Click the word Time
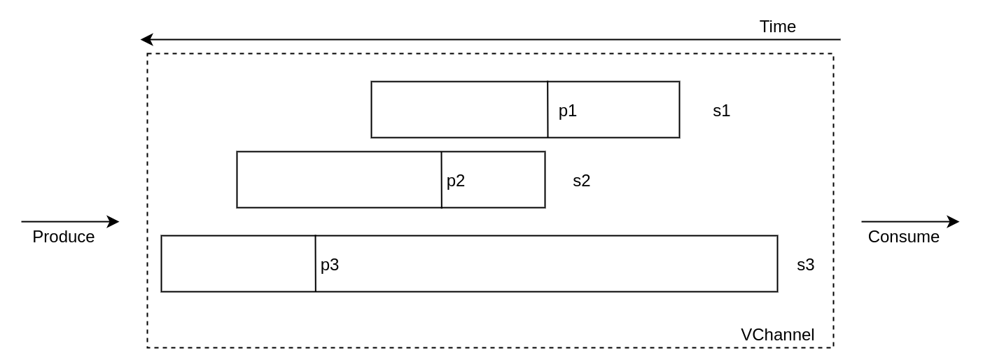pyautogui.click(x=777, y=27)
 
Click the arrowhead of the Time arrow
pyautogui.click(x=146, y=39)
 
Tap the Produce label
pyautogui.click(x=63, y=237)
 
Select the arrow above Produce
pyautogui.click(x=69, y=221)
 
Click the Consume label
pyautogui.click(x=903, y=237)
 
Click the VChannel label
pyautogui.click(x=777, y=335)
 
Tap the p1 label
pyautogui.click(x=567, y=111)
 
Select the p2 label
pyautogui.click(x=456, y=181)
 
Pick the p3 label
pyautogui.click(x=330, y=265)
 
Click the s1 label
pyautogui.click(x=721, y=111)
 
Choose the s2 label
pyautogui.click(x=581, y=181)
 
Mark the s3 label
pyautogui.click(x=805, y=265)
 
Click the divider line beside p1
pyautogui.click(x=548, y=109)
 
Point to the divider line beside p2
pyautogui.click(x=442, y=179)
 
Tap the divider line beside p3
pyautogui.click(x=316, y=263)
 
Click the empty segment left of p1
pyautogui.click(x=459, y=109)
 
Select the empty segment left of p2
pyautogui.click(x=339, y=179)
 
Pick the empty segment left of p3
pyautogui.click(x=238, y=263)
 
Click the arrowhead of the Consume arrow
pyautogui.click(x=954, y=221)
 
